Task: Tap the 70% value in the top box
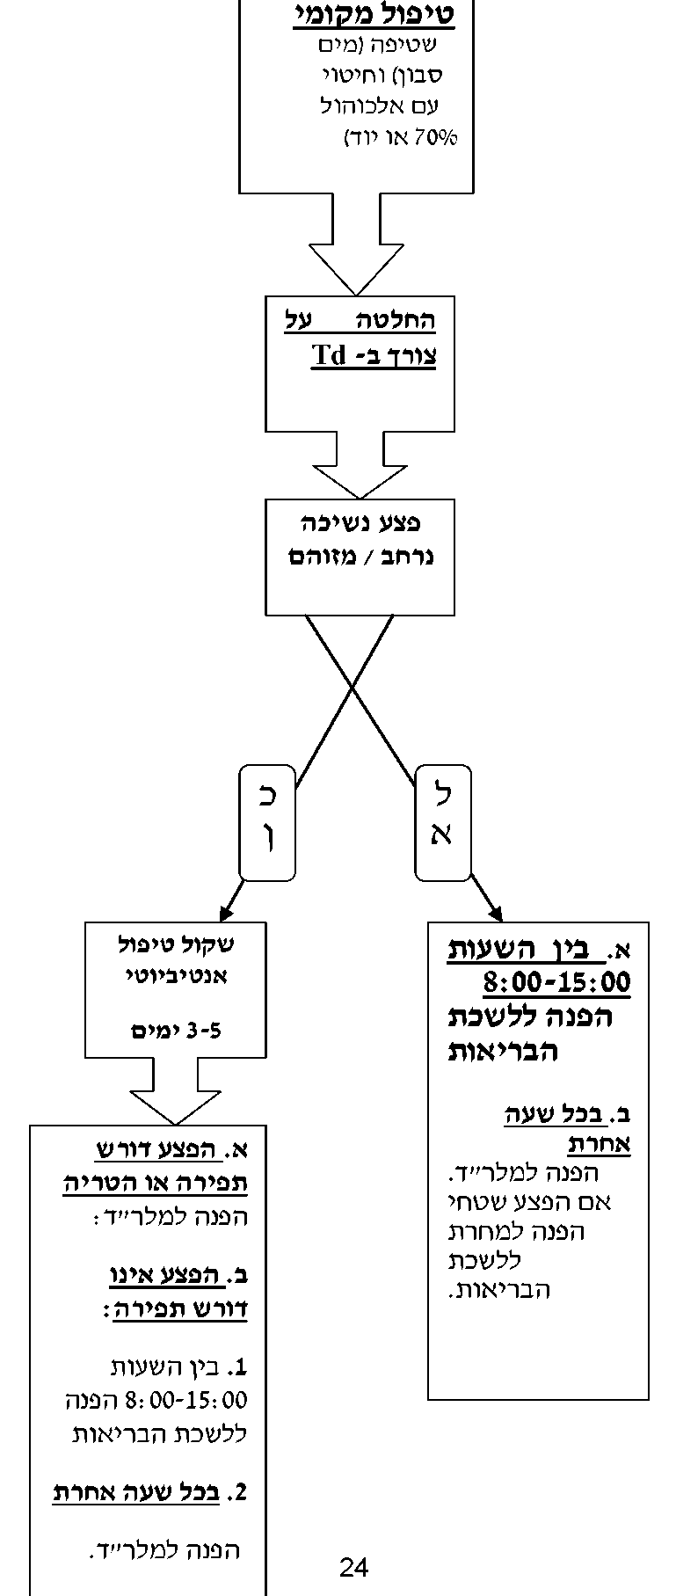440,138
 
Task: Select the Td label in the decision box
328,356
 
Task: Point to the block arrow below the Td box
360,470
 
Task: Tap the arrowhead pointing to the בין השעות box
492,909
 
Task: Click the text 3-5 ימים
176,1031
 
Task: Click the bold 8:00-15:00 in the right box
556,981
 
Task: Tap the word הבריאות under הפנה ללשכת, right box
503,1051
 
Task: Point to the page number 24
353,1566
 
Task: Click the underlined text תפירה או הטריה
155,1183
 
